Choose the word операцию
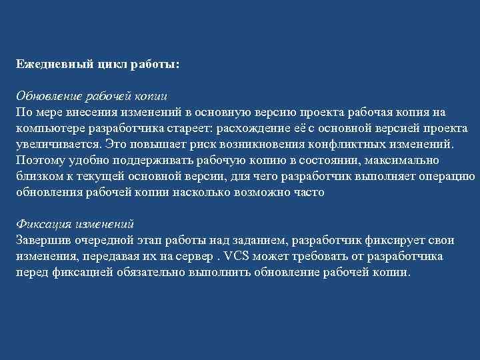coord(447,175)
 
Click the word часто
coord(309,191)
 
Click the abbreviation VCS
coord(238,255)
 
